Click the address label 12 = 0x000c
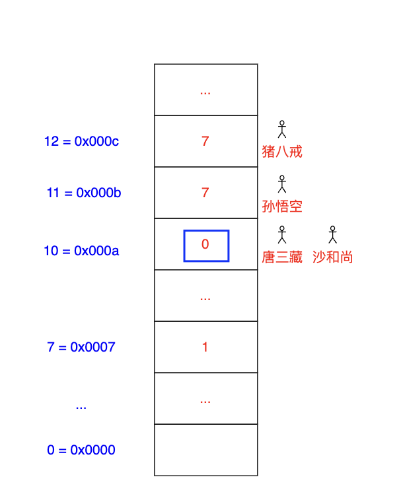[81, 141]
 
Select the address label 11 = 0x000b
[84, 193]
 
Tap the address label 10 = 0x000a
[81, 251]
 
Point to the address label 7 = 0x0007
[81, 347]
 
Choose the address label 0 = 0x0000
[81, 450]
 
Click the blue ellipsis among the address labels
[81, 406]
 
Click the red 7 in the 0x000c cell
[205, 141]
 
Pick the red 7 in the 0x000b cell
[205, 193]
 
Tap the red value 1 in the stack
[205, 347]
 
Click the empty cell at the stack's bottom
[205, 450]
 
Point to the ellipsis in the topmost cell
[205, 91]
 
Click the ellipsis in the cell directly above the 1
[205, 297]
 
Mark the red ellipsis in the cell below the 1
[205, 400]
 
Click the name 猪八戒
[282, 152]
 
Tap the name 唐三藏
[282, 257]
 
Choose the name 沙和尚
[333, 257]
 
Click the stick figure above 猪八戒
[282, 129]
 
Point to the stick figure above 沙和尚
[333, 234]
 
